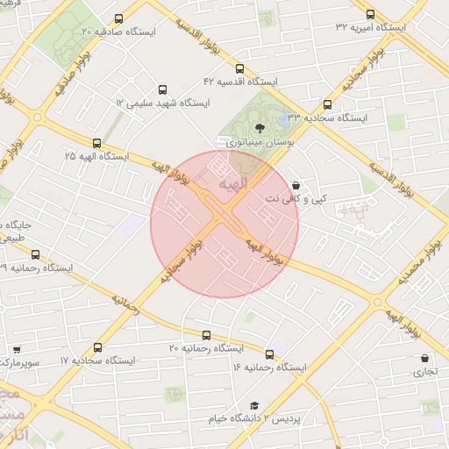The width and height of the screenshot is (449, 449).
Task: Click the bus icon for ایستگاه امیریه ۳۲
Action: click(x=369, y=15)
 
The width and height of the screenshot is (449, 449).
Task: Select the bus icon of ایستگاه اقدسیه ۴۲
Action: click(x=239, y=68)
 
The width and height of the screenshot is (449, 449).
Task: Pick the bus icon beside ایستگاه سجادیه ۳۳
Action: click(x=327, y=104)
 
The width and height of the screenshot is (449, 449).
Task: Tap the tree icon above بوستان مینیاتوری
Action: click(x=259, y=128)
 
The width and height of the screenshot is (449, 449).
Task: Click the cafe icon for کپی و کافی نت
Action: click(x=296, y=186)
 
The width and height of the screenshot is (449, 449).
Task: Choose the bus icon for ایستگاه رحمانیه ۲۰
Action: click(x=207, y=335)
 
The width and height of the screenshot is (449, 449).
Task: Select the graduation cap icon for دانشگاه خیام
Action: click(x=254, y=406)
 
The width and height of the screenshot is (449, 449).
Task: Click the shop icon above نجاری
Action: click(x=425, y=359)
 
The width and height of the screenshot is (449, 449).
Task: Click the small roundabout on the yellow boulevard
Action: click(x=378, y=303)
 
